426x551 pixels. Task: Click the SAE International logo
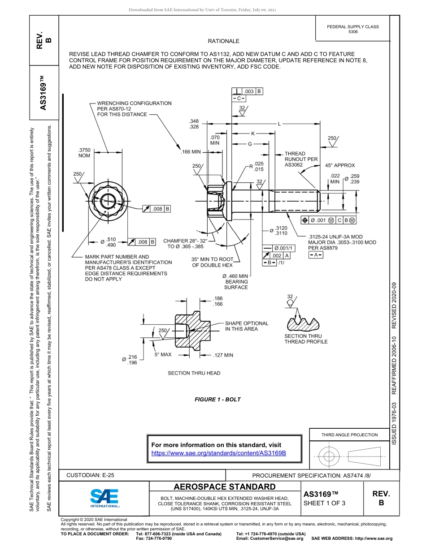pyautogui.click(x=104, y=497)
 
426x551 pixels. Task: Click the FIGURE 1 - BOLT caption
pyautogui.click(x=217, y=400)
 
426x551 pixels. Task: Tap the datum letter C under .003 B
pyautogui.click(x=239, y=98)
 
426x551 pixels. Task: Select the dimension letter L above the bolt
pyautogui.click(x=279, y=124)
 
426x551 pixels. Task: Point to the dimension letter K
pyautogui.click(x=252, y=133)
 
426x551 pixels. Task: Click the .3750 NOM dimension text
pyautogui.click(x=84, y=153)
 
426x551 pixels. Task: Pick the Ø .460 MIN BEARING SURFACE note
pyautogui.click(x=235, y=281)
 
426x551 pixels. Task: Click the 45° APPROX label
pyautogui.click(x=340, y=165)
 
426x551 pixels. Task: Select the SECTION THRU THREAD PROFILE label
pyautogui.click(x=306, y=339)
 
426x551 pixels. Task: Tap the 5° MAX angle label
pyautogui.click(x=163, y=355)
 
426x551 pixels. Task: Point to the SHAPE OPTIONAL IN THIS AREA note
pyautogui.click(x=247, y=326)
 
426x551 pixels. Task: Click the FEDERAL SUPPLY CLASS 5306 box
pyautogui.click(x=353, y=29)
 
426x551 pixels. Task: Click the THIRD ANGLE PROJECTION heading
pyautogui.click(x=349, y=435)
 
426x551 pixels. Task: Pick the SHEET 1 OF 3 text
pyautogui.click(x=324, y=503)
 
